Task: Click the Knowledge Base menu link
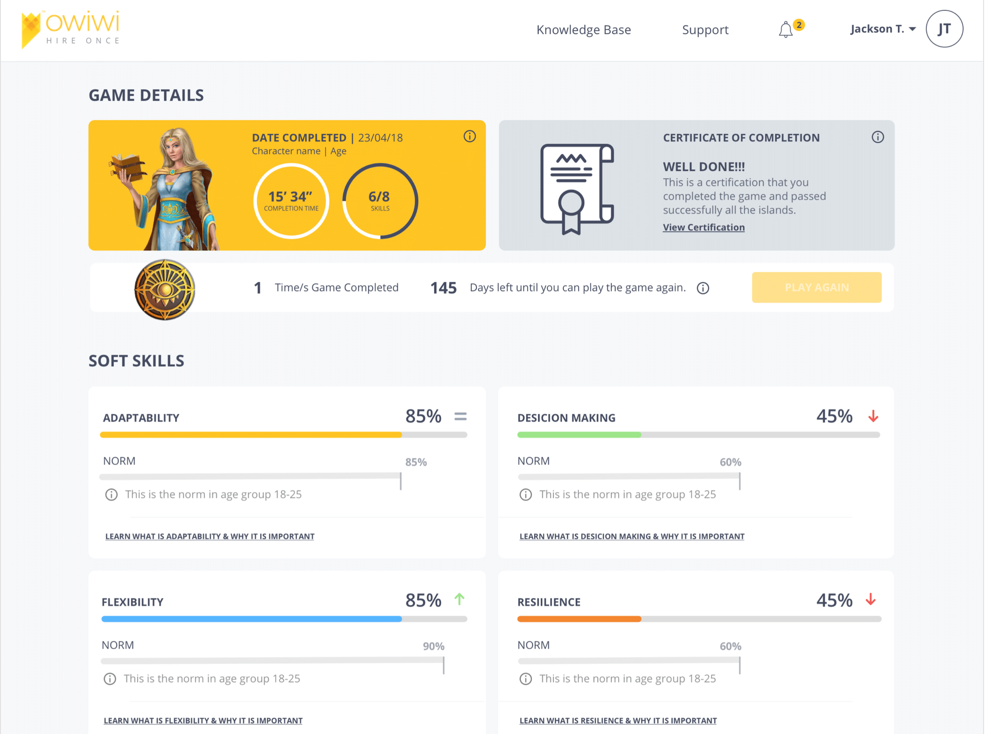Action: tap(583, 30)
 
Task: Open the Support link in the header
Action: tap(705, 30)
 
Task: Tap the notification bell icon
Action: tap(785, 30)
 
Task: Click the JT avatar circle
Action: tap(944, 29)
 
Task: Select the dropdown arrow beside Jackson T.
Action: tap(913, 29)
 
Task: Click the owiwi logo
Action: tap(71, 29)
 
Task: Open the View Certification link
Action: tap(704, 227)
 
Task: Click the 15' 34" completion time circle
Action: tap(291, 201)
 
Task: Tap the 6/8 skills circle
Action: tap(380, 201)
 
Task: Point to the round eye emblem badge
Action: tap(165, 289)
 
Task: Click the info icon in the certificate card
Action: tap(878, 137)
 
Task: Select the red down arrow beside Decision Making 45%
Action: tap(873, 416)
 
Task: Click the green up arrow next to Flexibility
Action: tap(459, 599)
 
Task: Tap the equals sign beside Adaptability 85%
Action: tap(460, 416)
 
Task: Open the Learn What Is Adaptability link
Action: tap(210, 536)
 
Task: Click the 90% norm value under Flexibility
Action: tap(433, 646)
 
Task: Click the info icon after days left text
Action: tap(703, 288)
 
